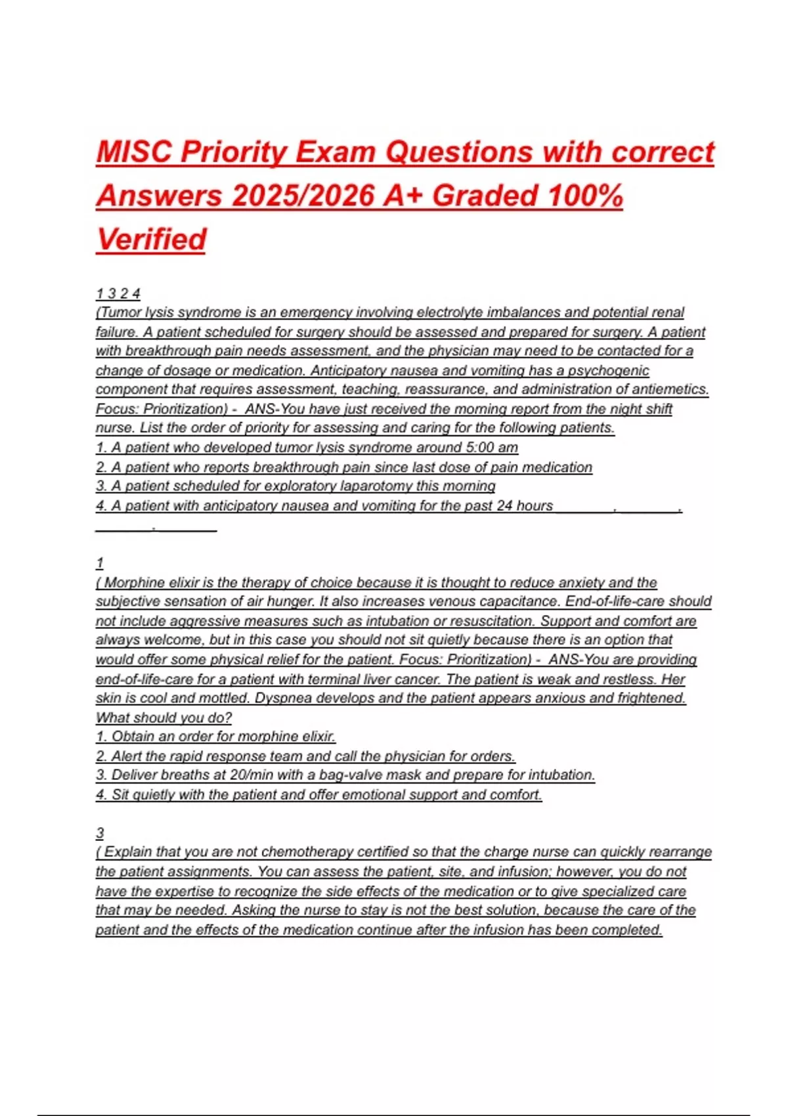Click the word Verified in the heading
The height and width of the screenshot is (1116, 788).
151,240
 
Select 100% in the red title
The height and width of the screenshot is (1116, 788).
584,196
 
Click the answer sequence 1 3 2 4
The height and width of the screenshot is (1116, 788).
118,293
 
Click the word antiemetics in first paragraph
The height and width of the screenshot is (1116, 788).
672,389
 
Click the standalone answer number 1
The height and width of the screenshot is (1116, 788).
100,563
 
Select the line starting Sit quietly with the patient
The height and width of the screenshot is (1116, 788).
318,795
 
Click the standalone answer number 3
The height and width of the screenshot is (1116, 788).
100,833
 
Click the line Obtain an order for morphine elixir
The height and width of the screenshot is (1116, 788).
215,737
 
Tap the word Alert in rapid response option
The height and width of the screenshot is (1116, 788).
129,756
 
